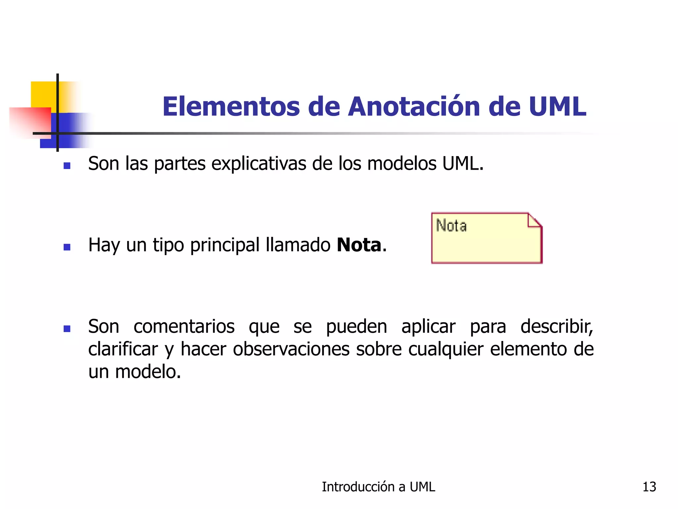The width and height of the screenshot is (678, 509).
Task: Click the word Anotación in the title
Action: coord(414,107)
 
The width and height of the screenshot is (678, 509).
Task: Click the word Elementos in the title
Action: coord(231,107)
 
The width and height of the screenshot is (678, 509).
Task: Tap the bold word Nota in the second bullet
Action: coord(359,245)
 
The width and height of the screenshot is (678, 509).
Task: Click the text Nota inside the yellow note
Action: coord(451,226)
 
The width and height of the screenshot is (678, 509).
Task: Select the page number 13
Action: coord(649,487)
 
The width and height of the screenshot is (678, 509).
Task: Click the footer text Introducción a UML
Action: coord(378,487)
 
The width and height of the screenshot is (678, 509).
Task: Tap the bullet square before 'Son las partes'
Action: coord(67,165)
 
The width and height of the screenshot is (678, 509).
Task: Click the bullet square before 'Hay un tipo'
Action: coord(67,247)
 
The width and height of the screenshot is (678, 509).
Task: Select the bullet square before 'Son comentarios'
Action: coord(67,328)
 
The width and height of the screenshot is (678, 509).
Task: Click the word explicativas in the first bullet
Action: coord(259,164)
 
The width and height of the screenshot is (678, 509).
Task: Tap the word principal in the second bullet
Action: coord(225,246)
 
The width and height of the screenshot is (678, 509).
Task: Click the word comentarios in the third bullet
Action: coord(184,327)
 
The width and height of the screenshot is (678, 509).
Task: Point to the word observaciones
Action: coord(291,349)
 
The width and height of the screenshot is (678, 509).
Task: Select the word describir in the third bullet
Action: coord(556,327)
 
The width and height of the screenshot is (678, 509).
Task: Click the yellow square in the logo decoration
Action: coord(43,94)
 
